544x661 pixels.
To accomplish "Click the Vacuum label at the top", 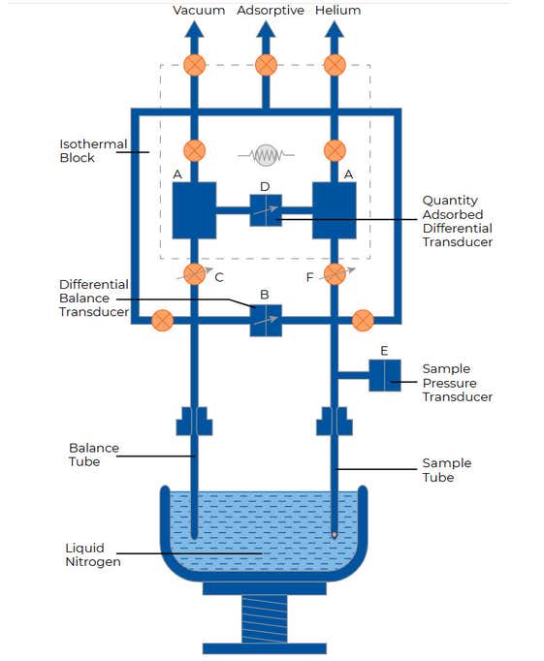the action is (x=199, y=10).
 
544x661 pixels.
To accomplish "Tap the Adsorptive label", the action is (x=271, y=10).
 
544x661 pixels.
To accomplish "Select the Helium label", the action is (x=337, y=10).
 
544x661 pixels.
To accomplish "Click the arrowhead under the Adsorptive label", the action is (x=266, y=29).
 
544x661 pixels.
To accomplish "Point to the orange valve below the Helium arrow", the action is (x=335, y=65).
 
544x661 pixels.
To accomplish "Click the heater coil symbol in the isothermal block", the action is (x=266, y=155).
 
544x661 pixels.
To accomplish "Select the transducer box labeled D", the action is (x=266, y=210).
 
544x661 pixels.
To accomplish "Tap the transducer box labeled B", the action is (x=266, y=321).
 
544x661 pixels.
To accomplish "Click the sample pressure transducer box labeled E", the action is (x=385, y=375).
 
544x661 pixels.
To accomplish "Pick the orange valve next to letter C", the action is (x=194, y=274).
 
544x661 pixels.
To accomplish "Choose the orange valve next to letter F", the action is (x=335, y=274).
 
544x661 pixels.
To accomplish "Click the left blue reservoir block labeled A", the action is (x=194, y=210).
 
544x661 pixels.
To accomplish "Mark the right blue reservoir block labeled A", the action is (x=335, y=210).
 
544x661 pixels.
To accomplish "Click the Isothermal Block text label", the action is (x=93, y=151).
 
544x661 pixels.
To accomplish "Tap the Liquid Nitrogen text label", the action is (x=93, y=554).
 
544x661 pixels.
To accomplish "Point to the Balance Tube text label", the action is (x=94, y=455).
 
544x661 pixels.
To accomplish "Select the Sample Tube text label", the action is (x=447, y=470).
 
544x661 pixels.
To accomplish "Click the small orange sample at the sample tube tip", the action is (x=335, y=535).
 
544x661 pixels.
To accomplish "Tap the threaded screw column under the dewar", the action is (x=265, y=619).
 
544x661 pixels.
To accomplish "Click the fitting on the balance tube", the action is (x=194, y=421).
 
